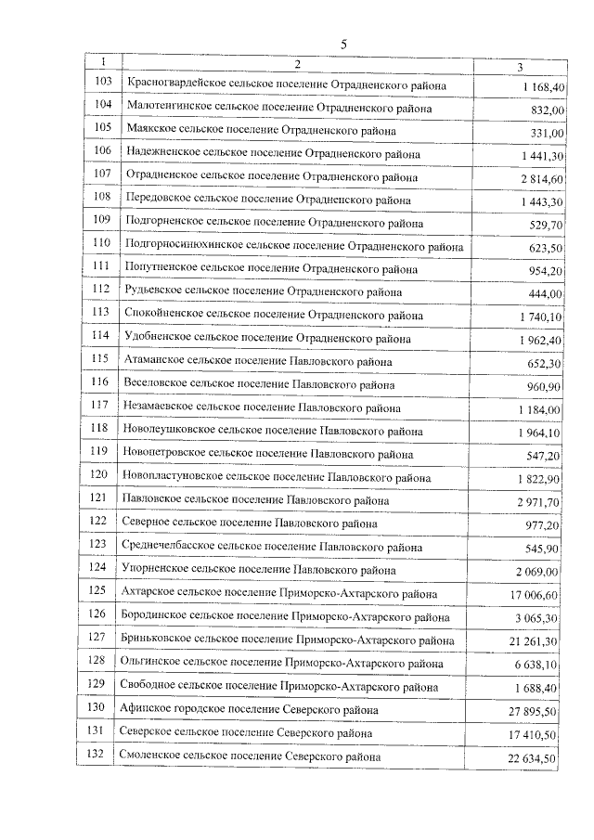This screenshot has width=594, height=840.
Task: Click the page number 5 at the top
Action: (x=342, y=44)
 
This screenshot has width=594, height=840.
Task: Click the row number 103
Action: (x=103, y=84)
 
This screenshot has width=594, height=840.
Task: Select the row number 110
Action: (x=102, y=245)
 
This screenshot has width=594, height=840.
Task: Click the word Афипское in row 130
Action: (x=147, y=710)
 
